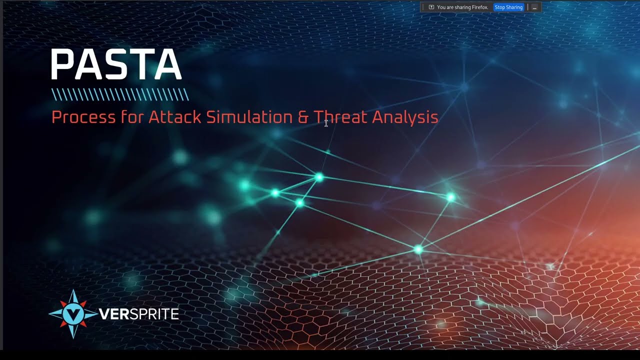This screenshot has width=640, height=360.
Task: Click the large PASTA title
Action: pyautogui.click(x=116, y=65)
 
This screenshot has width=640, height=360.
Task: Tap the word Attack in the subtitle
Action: pyautogui.click(x=174, y=117)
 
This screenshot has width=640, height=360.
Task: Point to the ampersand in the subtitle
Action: pyautogui.click(x=303, y=117)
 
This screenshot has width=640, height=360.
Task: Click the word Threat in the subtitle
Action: pyautogui.click(x=340, y=117)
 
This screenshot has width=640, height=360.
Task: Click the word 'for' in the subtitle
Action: pyautogui.click(x=131, y=117)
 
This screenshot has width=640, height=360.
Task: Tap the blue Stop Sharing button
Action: pyautogui.click(x=508, y=7)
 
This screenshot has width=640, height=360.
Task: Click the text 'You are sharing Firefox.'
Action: pyautogui.click(x=462, y=7)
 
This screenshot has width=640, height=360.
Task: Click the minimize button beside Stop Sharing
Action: pyautogui.click(x=534, y=7)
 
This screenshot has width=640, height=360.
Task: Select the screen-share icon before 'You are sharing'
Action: pyautogui.click(x=431, y=7)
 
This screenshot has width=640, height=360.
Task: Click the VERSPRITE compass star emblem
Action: pyautogui.click(x=73, y=314)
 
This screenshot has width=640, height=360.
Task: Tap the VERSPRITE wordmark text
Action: pyautogui.click(x=138, y=314)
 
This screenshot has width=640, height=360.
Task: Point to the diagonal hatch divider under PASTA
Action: pyautogui.click(x=120, y=94)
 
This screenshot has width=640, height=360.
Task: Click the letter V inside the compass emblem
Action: pyautogui.click(x=73, y=314)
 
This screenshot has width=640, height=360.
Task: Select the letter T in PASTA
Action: pyautogui.click(x=138, y=65)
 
